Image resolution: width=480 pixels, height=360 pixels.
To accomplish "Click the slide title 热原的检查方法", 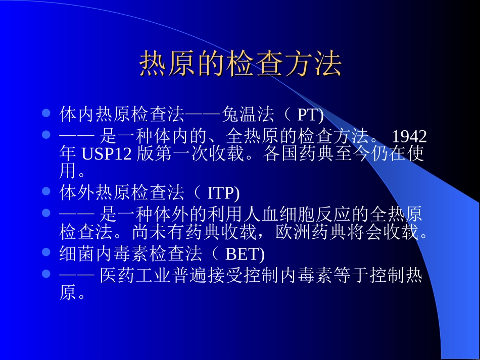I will (241, 64).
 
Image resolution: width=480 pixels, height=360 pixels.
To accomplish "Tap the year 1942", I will (409, 136).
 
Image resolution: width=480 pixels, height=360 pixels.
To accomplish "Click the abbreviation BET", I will (243, 253).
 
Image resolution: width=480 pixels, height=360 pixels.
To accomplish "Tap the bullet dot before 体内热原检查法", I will (46, 114).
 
